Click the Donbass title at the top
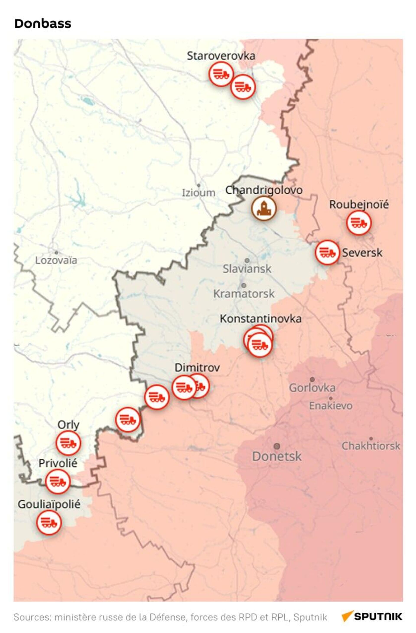(x=43, y=24)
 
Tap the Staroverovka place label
(x=221, y=56)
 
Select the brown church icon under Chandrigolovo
(x=263, y=209)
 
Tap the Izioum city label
(x=198, y=193)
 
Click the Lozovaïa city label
(x=56, y=260)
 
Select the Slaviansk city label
(x=247, y=269)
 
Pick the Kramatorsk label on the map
(x=244, y=294)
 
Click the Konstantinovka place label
(x=260, y=319)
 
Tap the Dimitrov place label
(x=197, y=368)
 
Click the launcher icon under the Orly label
(x=68, y=443)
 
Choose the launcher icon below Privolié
(x=58, y=481)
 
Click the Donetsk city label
(x=276, y=456)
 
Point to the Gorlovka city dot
(x=312, y=379)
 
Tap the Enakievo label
(x=330, y=406)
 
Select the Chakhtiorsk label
(x=370, y=446)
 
